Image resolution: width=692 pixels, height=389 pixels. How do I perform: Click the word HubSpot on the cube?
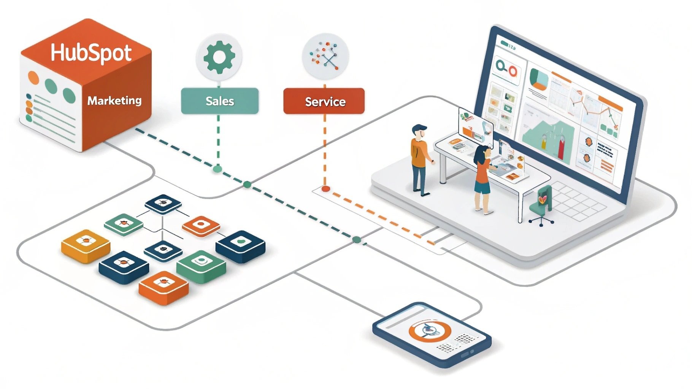[x=91, y=53]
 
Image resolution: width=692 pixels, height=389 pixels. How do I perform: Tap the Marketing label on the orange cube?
[x=114, y=101]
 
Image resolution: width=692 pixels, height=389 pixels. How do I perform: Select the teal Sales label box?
[x=219, y=101]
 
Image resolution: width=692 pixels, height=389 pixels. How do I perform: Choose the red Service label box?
[x=324, y=101]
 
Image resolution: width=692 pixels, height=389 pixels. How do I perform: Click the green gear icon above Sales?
[x=219, y=57]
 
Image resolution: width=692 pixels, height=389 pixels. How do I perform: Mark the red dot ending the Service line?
[x=325, y=188]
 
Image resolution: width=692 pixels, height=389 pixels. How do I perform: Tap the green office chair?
[x=541, y=205]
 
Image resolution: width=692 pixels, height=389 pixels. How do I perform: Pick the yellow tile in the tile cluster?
[x=86, y=245]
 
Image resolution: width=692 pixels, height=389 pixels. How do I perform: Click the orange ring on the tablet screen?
[x=430, y=330]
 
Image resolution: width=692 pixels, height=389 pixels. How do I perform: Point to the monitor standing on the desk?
[x=475, y=125]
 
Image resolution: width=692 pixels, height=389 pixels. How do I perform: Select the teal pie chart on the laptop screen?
[x=539, y=78]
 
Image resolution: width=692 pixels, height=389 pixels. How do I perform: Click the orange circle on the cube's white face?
[x=33, y=77]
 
